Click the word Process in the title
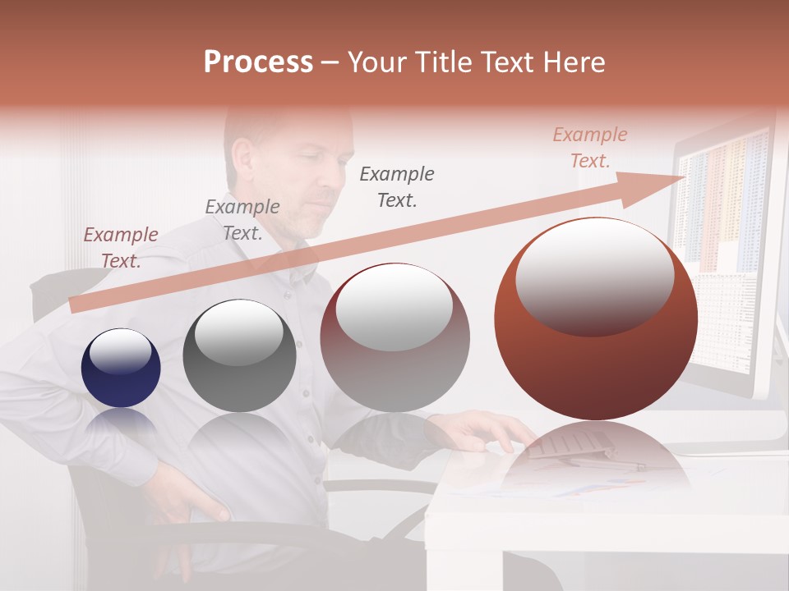258,62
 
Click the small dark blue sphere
121,369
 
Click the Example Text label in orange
590,148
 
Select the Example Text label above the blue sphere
121,247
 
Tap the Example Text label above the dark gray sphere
242,219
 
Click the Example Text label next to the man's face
397,186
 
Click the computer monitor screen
723,246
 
